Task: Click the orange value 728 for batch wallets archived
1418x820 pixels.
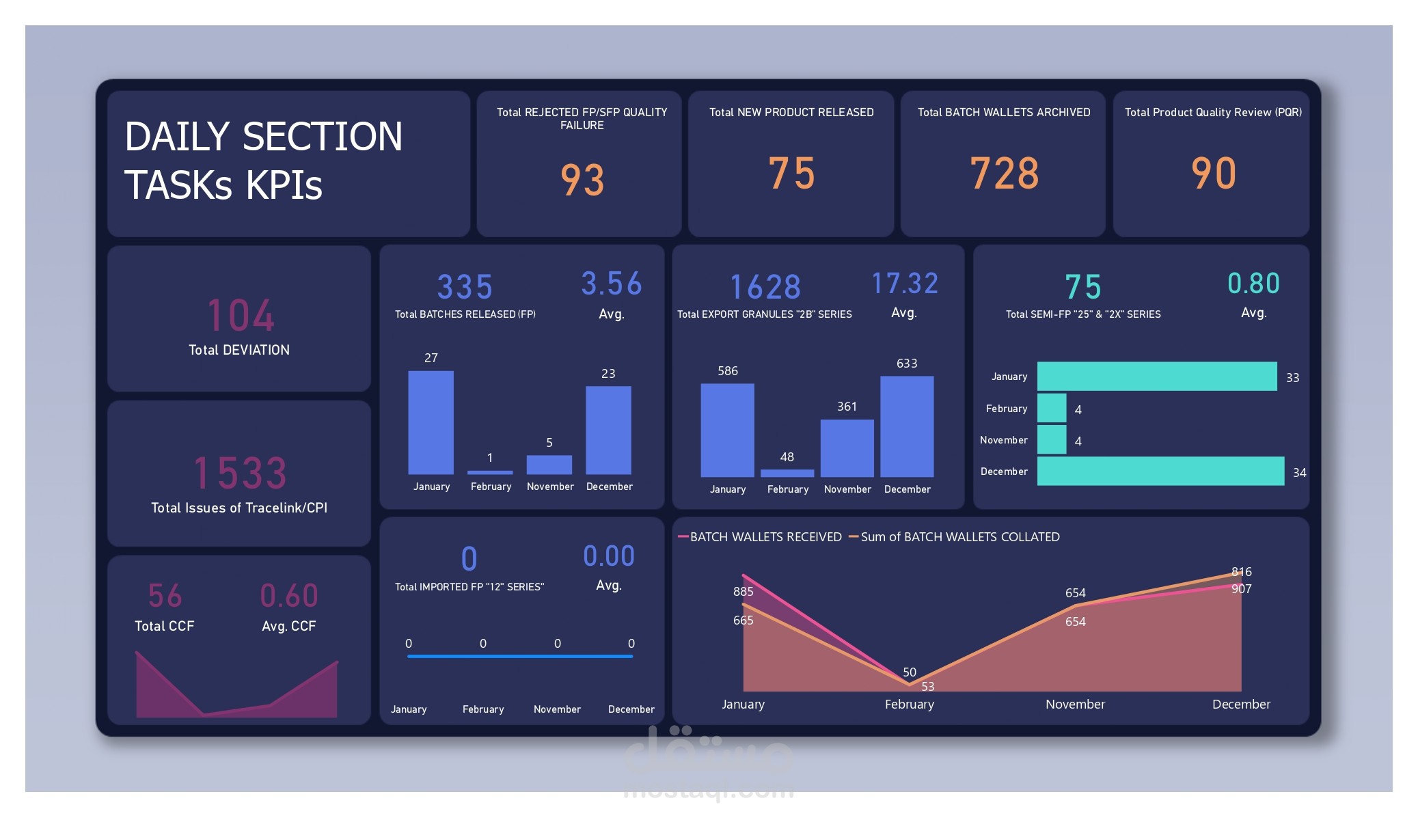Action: coord(1004,174)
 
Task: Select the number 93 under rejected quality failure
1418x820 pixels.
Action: coord(582,180)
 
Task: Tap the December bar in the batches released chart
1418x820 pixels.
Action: coord(608,430)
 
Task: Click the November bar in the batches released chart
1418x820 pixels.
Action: coord(549,465)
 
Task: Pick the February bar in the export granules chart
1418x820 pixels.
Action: coord(787,473)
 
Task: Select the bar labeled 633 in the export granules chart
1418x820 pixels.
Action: coord(907,426)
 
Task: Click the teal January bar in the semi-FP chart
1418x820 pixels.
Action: coord(1156,377)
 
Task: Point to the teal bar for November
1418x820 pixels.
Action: coord(1052,439)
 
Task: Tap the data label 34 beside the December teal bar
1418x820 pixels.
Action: coord(1299,473)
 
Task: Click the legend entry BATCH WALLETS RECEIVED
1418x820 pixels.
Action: coord(765,537)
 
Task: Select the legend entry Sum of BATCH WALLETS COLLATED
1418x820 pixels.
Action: coord(959,537)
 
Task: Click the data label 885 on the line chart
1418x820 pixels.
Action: coord(743,592)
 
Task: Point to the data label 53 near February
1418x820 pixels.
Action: coord(927,686)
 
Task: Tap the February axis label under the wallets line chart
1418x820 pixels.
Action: coord(909,705)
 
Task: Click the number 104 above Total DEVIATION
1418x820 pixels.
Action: coord(241,316)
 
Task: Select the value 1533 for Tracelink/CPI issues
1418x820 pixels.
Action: coord(241,473)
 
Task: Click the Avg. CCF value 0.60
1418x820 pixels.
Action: coord(289,596)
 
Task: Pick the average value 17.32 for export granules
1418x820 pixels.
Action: coord(905,284)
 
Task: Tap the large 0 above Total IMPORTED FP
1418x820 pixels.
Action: coord(469,559)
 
